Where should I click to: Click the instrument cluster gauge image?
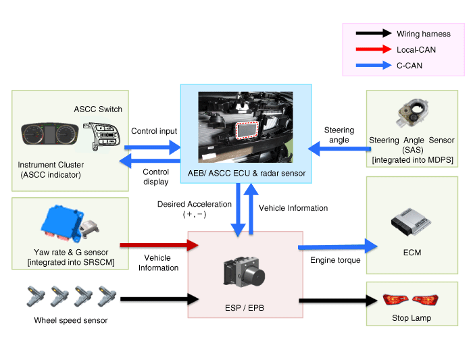point(47,133)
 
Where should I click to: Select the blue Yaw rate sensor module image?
point(65,224)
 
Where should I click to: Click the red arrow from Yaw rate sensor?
point(159,247)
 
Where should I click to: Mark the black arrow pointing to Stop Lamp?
point(334,299)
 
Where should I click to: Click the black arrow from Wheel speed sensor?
point(159,298)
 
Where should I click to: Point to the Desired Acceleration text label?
point(184,203)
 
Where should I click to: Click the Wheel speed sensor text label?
point(70,319)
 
